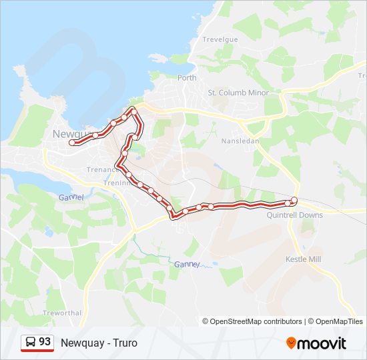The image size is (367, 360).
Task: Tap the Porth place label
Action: pos(187,78)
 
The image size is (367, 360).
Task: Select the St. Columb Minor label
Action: pos(238,93)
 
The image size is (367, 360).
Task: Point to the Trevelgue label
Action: pos(220,40)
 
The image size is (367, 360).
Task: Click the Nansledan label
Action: pos(239,141)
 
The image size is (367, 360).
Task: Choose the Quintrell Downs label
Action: pos(294,215)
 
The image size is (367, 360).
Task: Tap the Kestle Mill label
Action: pos(304,259)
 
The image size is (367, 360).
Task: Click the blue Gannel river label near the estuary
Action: pos(71,197)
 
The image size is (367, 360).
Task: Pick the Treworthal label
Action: pos(61,313)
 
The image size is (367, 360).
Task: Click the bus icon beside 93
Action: pos(31,342)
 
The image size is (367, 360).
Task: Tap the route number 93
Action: pos(45,342)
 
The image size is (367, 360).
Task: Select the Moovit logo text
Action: pos(322,343)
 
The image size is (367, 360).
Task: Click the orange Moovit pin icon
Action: pos(291,343)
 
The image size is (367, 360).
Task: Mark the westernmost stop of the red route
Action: pos(72,142)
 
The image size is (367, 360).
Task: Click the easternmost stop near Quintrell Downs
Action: pos(294,199)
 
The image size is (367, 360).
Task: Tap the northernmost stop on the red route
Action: pos(133,109)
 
